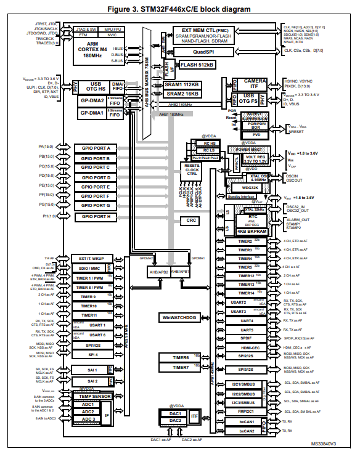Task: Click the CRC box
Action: (x=193, y=220)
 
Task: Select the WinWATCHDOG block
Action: (x=179, y=317)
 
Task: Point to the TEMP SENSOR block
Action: (x=91, y=396)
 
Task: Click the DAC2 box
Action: (x=175, y=420)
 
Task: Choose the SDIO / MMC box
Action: (x=91, y=268)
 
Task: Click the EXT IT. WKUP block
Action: (x=91, y=258)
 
